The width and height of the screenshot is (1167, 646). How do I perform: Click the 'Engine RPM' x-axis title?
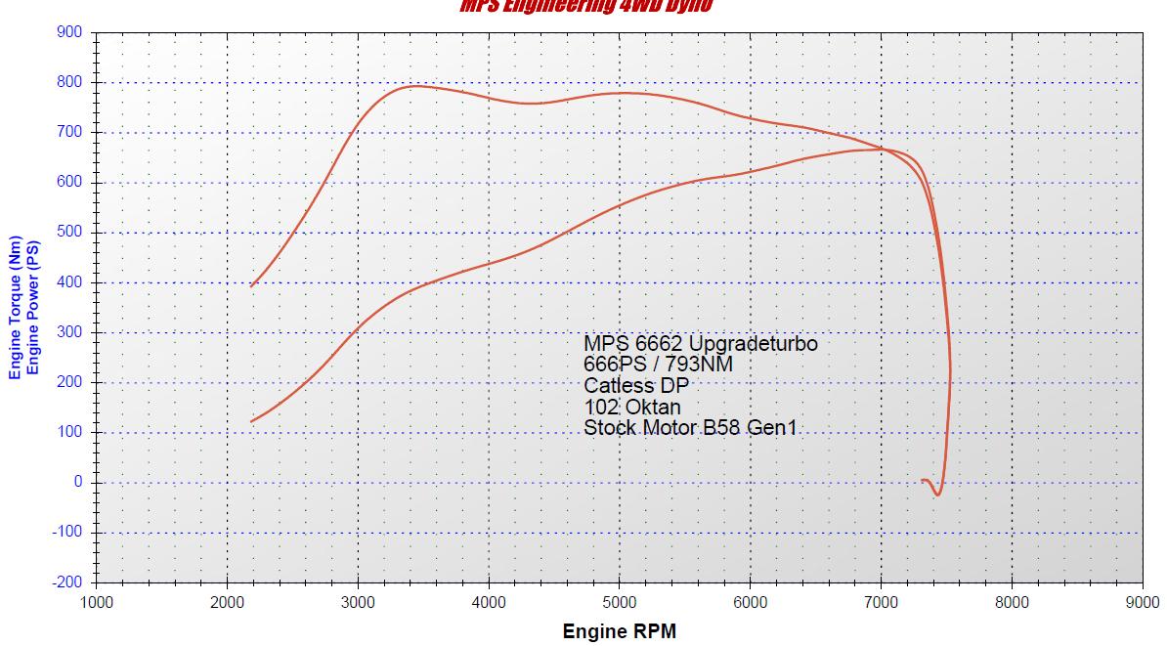point(619,630)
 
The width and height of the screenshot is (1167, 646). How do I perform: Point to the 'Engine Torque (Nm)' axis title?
point(15,307)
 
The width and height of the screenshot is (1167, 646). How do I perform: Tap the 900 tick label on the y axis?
point(69,32)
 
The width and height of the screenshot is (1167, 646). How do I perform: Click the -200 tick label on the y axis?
point(67,582)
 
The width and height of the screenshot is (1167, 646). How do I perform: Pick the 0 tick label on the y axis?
point(78,483)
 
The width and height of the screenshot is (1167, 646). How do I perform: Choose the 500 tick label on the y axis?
point(69,233)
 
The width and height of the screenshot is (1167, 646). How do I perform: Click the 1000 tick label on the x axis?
point(97,602)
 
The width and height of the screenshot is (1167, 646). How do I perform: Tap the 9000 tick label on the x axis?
point(1142,602)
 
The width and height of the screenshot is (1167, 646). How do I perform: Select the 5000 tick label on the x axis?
point(619,602)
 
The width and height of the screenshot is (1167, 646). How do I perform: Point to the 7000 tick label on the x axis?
point(881,602)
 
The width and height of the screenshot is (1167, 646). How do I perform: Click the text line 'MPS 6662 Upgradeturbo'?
point(700,344)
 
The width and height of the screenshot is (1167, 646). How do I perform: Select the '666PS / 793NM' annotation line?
point(658,365)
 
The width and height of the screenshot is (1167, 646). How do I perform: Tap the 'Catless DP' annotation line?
point(635,385)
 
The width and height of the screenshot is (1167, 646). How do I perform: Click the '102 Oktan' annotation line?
point(632,407)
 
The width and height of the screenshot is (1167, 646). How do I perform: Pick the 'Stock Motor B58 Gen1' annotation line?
point(690,427)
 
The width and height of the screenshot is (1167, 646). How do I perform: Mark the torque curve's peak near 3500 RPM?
point(415,86)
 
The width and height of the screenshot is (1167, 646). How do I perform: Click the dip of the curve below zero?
point(936,495)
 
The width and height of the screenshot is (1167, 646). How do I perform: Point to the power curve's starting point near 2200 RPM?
point(252,421)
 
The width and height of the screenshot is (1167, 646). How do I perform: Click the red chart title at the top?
point(586,6)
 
